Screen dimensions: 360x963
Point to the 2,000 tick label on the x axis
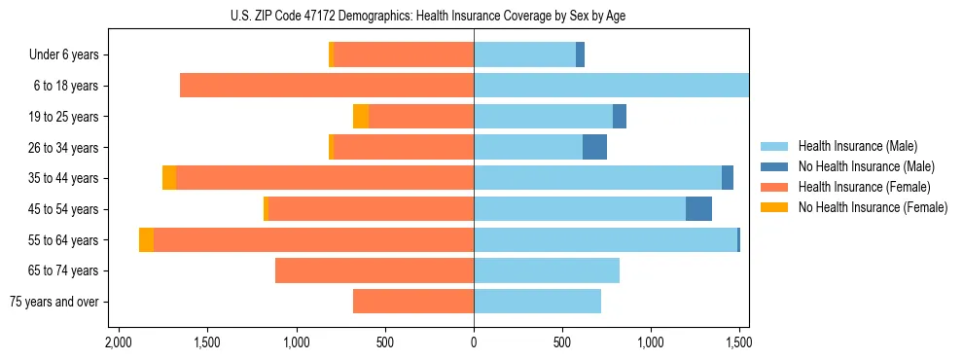119,342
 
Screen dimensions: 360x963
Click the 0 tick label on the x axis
474,342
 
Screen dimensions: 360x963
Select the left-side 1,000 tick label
296,342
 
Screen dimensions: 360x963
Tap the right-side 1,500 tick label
738,342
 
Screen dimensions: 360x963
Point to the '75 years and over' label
54,302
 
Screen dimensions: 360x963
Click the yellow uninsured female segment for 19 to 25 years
361,117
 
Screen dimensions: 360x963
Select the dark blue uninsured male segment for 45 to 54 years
698,209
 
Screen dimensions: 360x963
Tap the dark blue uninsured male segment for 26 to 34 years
594,148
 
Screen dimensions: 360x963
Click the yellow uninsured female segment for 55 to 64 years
146,240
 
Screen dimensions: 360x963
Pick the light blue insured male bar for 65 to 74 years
547,270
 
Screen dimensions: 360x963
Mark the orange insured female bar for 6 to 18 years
327,86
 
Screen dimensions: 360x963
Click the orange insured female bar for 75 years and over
413,302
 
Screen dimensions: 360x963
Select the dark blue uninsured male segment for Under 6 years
580,55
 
